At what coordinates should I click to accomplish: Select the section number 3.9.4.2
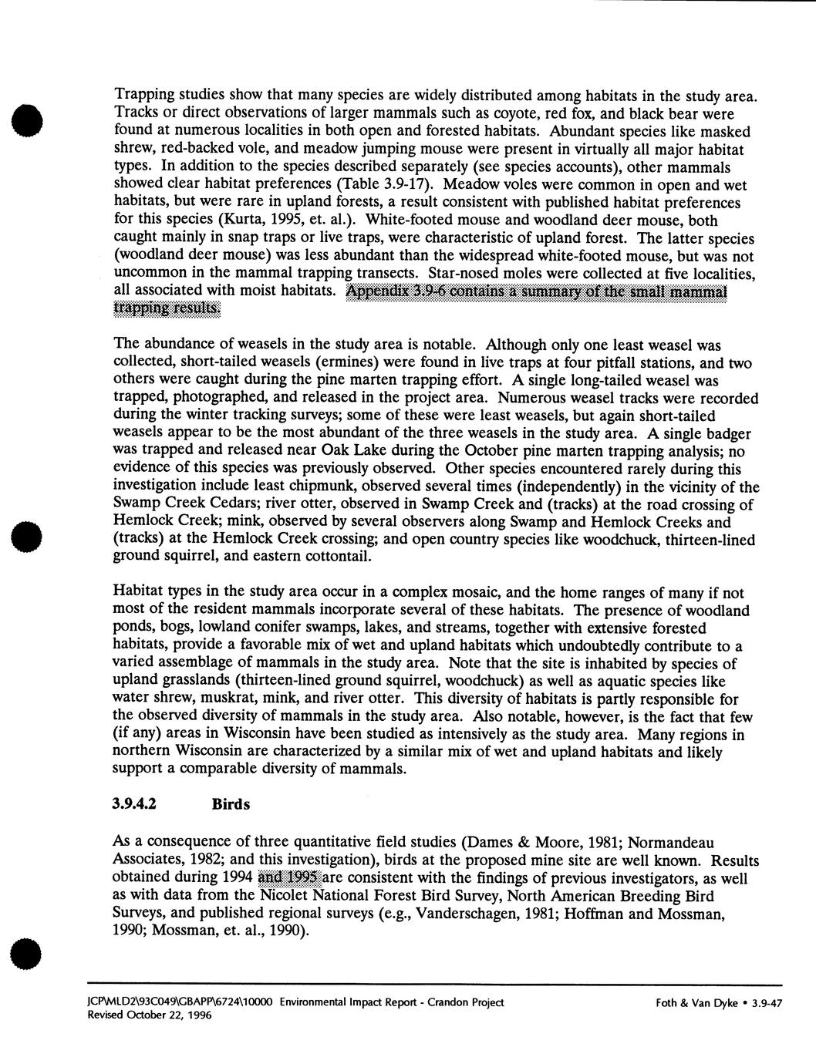tap(135, 804)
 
